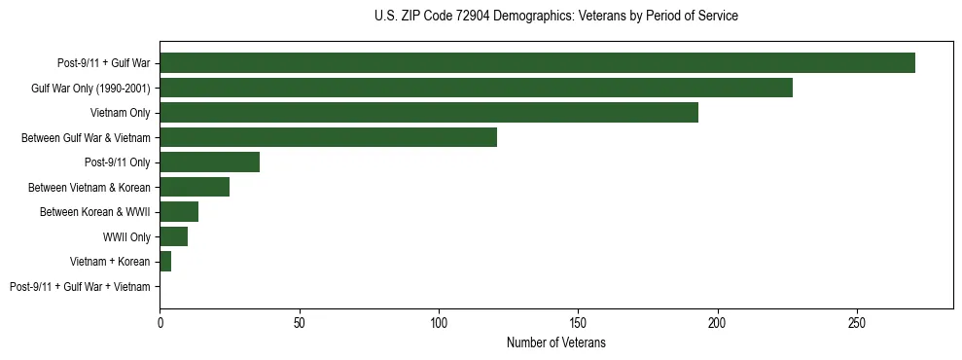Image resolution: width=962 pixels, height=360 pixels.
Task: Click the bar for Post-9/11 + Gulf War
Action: click(537, 63)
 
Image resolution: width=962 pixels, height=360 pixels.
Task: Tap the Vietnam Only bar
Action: click(429, 113)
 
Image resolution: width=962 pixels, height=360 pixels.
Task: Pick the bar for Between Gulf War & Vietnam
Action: click(328, 137)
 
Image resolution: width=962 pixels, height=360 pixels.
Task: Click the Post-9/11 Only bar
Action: click(209, 162)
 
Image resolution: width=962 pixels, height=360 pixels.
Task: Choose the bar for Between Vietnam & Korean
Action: click(195, 187)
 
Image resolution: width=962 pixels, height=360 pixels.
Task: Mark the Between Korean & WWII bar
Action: click(179, 212)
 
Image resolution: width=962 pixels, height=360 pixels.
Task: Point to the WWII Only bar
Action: click(173, 236)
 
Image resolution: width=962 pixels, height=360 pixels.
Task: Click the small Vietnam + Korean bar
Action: click(165, 262)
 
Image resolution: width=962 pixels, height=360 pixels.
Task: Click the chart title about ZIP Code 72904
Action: click(555, 17)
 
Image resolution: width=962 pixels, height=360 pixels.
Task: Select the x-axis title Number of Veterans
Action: click(555, 343)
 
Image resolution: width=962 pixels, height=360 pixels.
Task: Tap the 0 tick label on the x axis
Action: click(160, 321)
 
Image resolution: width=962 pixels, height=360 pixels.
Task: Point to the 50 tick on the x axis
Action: click(299, 321)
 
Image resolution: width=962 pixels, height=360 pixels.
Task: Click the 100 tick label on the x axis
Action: click(439, 321)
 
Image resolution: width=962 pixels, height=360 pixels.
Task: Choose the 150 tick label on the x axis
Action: click(578, 321)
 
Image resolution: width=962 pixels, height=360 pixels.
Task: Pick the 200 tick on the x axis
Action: click(717, 321)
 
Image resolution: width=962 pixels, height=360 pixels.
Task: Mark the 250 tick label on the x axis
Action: click(857, 321)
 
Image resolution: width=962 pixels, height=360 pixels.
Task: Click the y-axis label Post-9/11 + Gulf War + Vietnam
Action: click(80, 287)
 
